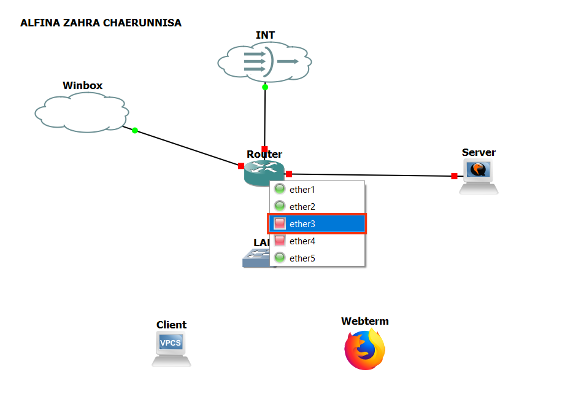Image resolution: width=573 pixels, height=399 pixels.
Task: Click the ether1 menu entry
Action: [x=302, y=190]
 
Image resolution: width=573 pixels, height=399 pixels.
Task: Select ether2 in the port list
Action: [x=302, y=207]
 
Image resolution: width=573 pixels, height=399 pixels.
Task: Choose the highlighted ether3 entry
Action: [x=302, y=224]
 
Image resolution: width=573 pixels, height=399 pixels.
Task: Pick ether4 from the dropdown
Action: [x=302, y=241]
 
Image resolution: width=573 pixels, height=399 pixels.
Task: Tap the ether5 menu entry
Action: [x=302, y=258]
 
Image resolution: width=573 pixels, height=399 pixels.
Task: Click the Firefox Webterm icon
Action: [x=365, y=350]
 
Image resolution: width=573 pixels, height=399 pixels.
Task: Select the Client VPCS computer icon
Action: [x=171, y=349]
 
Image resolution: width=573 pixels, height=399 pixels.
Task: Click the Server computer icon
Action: [x=479, y=177]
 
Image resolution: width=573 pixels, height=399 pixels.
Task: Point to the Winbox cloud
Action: [x=82, y=113]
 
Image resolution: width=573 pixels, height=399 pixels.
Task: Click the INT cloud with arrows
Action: [x=265, y=61]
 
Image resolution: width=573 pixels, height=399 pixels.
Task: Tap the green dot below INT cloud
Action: [x=265, y=87]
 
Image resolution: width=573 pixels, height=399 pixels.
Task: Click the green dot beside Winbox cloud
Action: [x=135, y=130]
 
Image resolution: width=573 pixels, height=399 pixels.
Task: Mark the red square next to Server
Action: [x=454, y=176]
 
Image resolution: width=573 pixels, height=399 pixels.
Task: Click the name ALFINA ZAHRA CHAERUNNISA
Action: [x=101, y=23]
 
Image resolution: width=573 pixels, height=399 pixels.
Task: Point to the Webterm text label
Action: [x=365, y=321]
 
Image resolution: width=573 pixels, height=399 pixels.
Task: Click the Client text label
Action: [x=171, y=325]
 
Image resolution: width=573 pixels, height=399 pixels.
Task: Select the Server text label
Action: [x=479, y=152]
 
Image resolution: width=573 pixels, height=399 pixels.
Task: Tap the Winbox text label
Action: [x=82, y=85]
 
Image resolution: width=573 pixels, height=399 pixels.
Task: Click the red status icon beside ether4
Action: [x=280, y=241]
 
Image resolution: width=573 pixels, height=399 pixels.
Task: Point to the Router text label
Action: [x=264, y=154]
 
